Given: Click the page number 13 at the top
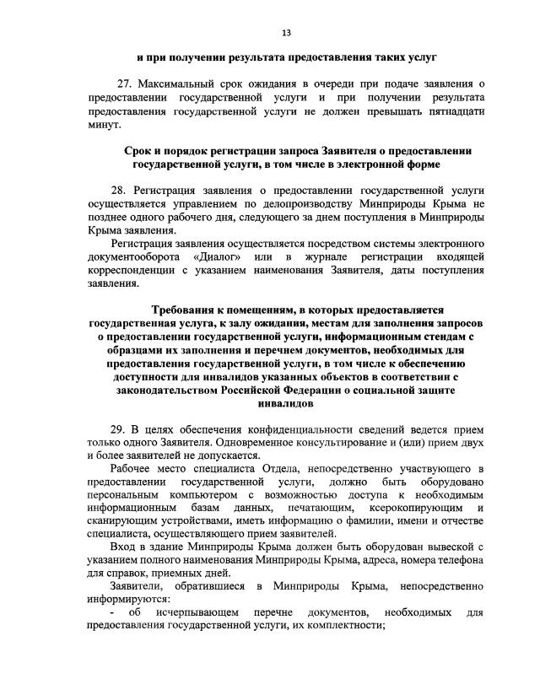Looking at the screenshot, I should [x=286, y=33].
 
